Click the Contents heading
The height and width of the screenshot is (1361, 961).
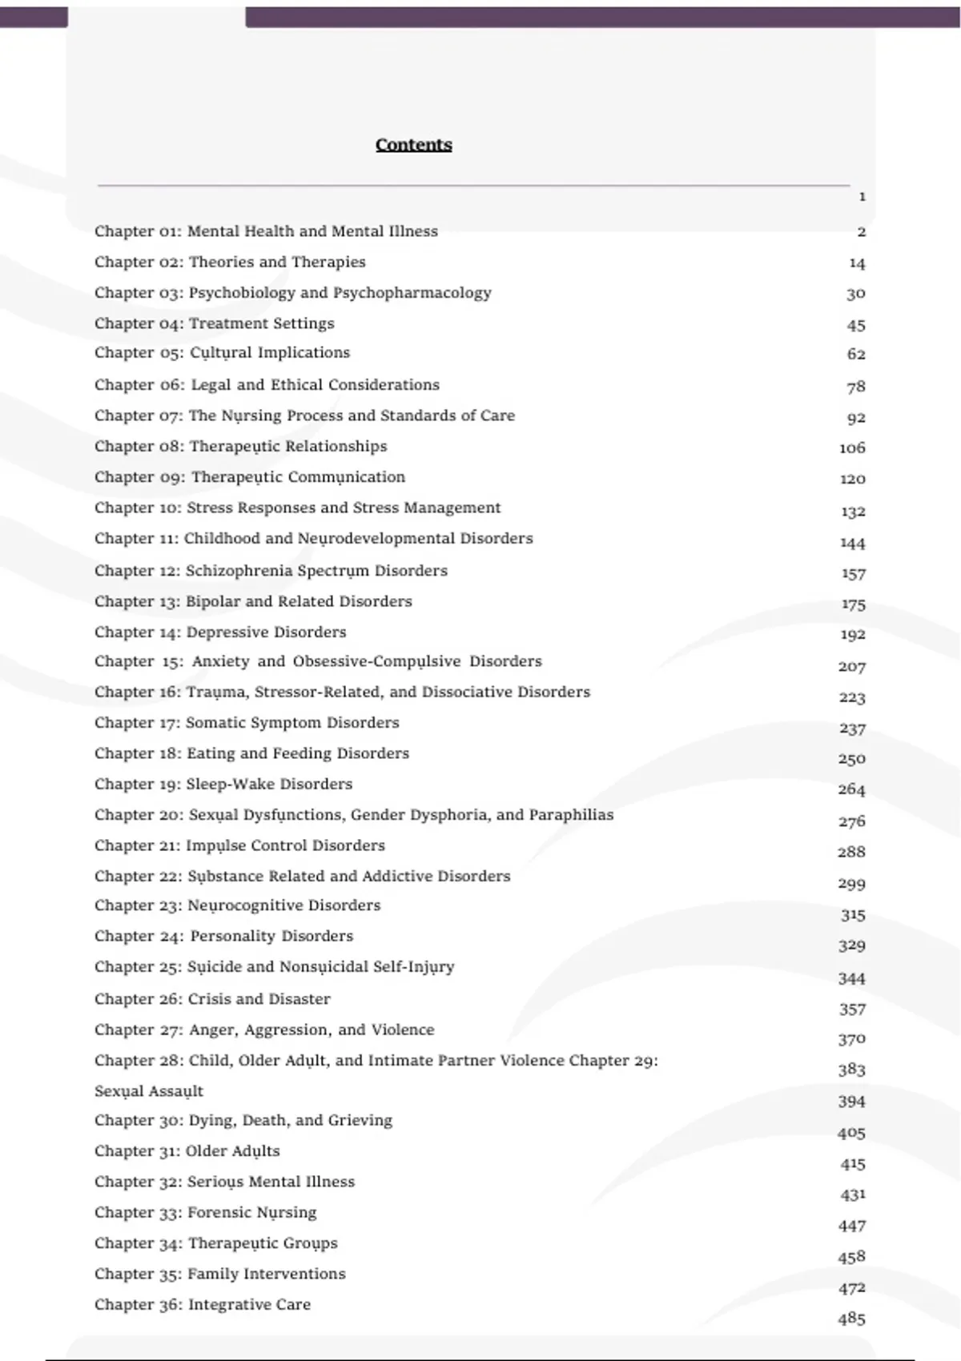(x=413, y=145)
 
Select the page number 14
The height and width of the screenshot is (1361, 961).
(x=857, y=263)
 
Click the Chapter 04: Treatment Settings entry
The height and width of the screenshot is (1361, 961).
(x=214, y=323)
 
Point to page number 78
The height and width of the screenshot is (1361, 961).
(x=856, y=387)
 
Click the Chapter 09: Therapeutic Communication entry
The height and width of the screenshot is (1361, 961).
(x=249, y=477)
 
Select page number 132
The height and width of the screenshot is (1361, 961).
(x=853, y=512)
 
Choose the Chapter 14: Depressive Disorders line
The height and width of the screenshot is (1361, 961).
(x=220, y=632)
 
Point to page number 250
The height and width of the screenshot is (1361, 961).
(x=852, y=759)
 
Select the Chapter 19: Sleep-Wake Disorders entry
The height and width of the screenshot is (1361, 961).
(x=223, y=785)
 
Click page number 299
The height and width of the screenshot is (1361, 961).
(x=852, y=884)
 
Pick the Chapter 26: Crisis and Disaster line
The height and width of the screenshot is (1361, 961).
(x=212, y=999)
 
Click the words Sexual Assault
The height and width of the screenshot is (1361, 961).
(x=149, y=1091)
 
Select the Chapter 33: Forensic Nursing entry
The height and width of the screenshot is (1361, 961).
(x=205, y=1213)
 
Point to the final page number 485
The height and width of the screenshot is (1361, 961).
(x=852, y=1319)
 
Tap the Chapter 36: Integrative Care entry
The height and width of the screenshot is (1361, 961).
(x=203, y=1305)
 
